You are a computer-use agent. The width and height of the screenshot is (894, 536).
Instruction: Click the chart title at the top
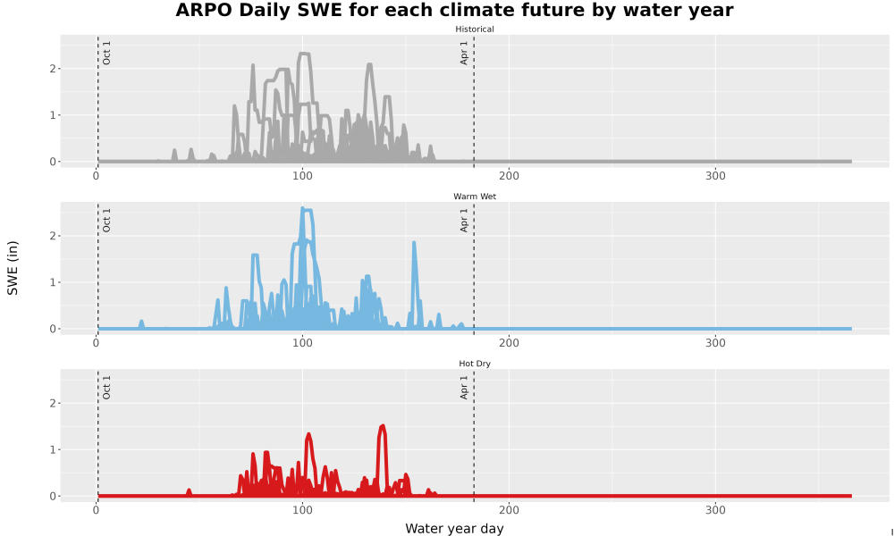(x=454, y=10)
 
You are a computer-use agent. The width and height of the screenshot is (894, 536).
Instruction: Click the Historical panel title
(x=475, y=29)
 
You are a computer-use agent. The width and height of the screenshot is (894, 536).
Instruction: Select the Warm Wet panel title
(x=475, y=197)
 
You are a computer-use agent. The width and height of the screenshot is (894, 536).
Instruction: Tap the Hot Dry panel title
(x=475, y=364)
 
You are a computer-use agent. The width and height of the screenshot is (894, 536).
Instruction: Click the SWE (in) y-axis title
(x=13, y=268)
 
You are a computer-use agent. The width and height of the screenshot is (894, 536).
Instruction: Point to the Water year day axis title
(x=454, y=529)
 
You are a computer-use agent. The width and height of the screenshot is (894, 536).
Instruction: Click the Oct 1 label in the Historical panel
(x=106, y=53)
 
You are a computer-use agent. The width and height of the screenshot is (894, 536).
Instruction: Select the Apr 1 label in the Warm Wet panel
(x=464, y=220)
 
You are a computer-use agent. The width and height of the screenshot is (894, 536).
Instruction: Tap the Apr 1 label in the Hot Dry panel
(x=464, y=388)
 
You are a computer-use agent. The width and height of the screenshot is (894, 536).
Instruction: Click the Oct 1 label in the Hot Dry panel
(x=106, y=388)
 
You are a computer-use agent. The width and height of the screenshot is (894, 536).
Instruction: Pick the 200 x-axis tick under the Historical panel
(x=509, y=176)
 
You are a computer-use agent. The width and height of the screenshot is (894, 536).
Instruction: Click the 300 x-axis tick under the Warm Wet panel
(x=715, y=343)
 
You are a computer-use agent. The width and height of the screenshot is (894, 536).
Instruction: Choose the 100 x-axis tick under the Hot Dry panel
(x=302, y=510)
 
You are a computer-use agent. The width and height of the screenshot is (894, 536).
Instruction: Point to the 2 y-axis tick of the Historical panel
(x=53, y=69)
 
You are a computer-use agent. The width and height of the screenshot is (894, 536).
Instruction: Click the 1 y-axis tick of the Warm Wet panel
(x=53, y=282)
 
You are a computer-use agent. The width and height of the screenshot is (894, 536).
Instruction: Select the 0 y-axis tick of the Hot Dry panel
(x=53, y=496)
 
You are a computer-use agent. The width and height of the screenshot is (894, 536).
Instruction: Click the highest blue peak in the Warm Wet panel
(x=303, y=208)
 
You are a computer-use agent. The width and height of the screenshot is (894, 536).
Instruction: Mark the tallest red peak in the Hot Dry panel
(x=382, y=426)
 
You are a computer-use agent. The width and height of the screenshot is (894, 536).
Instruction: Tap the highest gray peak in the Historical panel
(x=304, y=54)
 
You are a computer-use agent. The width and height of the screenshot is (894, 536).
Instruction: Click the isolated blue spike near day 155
(x=414, y=243)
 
